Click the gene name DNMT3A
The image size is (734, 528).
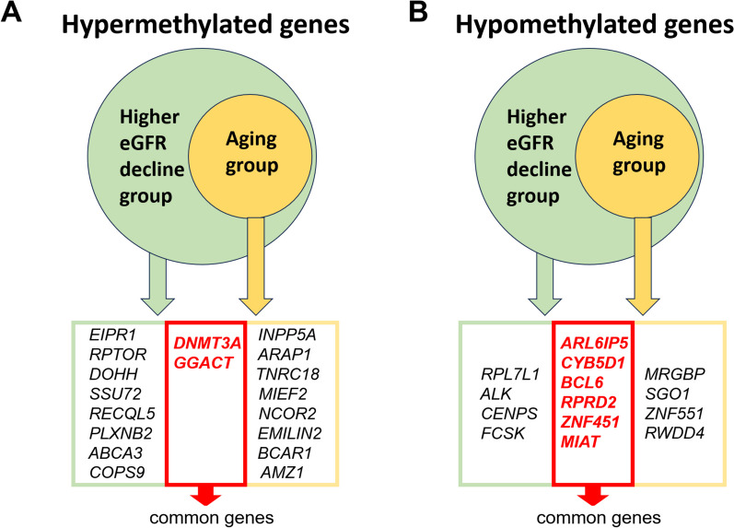tap(207, 344)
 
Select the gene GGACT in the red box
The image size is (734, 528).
tap(204, 363)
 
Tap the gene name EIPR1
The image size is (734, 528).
tap(112, 335)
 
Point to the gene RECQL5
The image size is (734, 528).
tap(122, 414)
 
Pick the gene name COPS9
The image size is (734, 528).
tap(117, 472)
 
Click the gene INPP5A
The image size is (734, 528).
tap(287, 335)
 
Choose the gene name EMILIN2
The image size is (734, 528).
tap(290, 433)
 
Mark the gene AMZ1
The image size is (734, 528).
tap(282, 472)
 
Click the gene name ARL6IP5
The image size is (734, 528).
tap(594, 344)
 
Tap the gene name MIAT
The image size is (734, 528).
tap(580, 441)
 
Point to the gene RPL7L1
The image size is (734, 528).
tap(510, 374)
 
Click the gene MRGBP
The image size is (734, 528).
tap(674, 374)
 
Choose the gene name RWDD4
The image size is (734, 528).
tap(674, 433)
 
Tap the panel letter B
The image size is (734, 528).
tap(418, 12)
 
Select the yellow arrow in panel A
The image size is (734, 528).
tap(256, 266)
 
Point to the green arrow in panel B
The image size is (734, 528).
tap(544, 284)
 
